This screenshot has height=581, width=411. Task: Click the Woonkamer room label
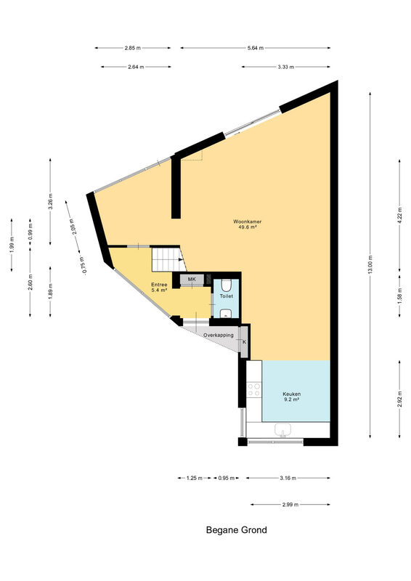247,222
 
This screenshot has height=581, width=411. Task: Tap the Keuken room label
292,394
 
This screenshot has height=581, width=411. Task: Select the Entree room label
159,285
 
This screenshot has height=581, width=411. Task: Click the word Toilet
227,296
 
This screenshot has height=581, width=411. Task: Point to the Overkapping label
219,336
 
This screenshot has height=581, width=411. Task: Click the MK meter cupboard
192,279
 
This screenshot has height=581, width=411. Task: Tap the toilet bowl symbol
227,285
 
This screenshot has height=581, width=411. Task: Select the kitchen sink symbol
282,431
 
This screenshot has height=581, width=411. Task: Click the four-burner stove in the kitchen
254,390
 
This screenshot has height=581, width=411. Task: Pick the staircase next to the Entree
168,259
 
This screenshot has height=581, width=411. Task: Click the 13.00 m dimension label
370,265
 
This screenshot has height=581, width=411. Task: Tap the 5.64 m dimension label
256,48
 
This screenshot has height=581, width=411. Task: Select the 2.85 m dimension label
133,48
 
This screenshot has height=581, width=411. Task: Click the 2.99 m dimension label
290,504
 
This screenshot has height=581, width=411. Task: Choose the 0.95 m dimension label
227,478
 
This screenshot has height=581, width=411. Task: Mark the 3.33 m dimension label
285,67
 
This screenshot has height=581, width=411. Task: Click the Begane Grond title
237,530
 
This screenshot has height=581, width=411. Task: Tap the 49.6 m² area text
248,227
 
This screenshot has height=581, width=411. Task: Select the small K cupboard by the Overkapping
244,342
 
